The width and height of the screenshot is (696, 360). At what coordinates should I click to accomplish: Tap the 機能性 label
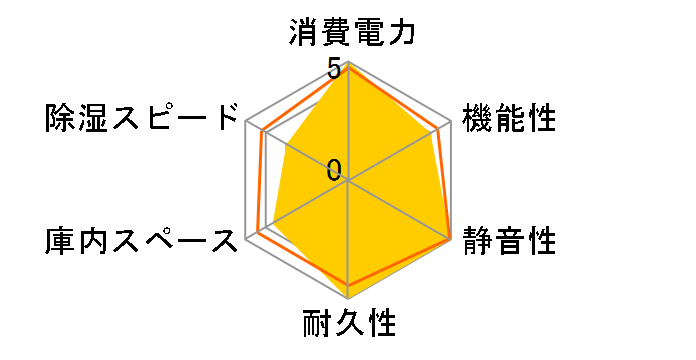pos(507,118)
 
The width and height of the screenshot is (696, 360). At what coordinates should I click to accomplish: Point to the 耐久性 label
pos(349,324)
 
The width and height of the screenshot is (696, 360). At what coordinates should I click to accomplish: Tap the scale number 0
pos(334,169)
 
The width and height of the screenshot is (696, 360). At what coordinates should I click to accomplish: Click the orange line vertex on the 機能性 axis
pos(439,128)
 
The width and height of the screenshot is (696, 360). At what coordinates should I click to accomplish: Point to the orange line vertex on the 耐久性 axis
pos(348,286)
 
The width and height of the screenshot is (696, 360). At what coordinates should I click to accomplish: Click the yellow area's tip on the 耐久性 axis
pos(348,297)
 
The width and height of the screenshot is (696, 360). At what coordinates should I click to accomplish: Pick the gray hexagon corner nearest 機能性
pos(451,121)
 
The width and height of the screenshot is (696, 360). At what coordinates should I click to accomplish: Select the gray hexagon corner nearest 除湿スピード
pos(246,121)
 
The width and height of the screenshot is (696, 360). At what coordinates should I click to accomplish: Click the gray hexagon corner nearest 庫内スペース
pos(246,240)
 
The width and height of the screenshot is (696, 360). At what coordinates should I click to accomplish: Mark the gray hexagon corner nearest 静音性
pos(451,240)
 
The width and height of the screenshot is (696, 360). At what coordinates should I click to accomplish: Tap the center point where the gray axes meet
pos(348,181)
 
